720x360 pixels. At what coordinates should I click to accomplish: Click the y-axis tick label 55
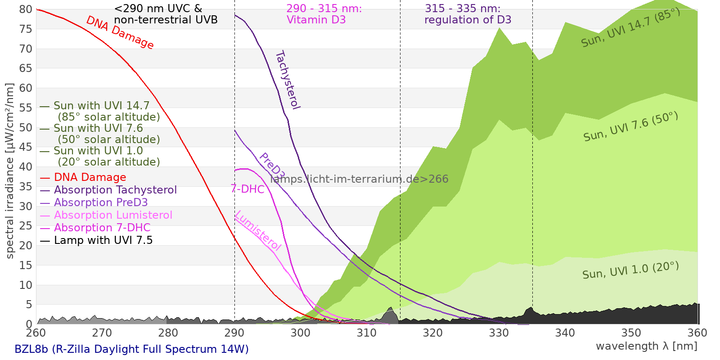tap(26, 108)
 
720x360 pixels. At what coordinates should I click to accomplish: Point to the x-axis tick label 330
tap(499, 333)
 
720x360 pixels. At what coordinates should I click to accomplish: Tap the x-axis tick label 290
tap(234, 333)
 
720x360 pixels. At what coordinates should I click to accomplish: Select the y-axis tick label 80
tap(26, 9)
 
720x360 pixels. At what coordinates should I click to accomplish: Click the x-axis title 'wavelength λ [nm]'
tap(646, 346)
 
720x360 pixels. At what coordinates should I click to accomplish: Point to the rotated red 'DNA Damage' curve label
tap(120, 32)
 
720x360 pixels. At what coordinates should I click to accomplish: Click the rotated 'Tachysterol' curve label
tap(288, 80)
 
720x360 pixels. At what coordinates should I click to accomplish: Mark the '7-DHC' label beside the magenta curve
tap(247, 189)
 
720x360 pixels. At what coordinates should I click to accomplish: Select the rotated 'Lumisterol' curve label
tap(258, 230)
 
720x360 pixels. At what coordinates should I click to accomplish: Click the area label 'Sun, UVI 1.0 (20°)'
tap(630, 270)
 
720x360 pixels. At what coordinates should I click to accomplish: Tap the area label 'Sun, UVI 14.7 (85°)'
tap(630, 27)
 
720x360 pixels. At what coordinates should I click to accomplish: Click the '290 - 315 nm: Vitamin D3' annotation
tap(324, 14)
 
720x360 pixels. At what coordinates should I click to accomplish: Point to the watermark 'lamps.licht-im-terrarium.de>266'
tap(360, 179)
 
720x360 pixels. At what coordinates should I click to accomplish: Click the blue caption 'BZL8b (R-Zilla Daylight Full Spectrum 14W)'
tap(131, 349)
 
